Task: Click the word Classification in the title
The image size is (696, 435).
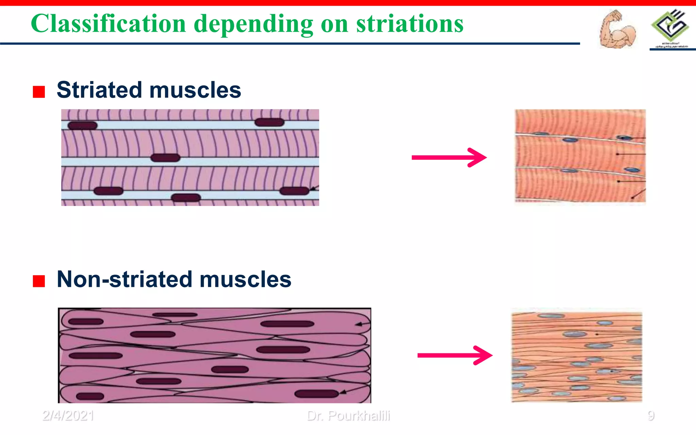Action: tap(108, 24)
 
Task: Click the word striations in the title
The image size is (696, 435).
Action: tap(410, 24)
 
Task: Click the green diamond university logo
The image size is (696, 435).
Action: tap(670, 25)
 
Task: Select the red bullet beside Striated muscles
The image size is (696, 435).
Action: tap(39, 92)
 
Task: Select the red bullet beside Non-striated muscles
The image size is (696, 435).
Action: tap(39, 281)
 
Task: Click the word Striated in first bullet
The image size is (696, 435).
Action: tap(99, 90)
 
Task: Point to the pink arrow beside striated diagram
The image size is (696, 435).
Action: tap(449, 157)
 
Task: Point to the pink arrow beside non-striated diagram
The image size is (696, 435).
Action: tap(455, 355)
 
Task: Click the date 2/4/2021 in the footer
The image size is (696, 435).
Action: tap(68, 416)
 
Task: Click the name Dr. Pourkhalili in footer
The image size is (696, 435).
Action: tap(348, 416)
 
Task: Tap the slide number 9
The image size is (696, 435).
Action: tap(650, 416)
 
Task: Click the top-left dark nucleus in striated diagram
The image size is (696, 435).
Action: tap(83, 126)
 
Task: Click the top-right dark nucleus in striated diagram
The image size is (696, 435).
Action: tap(269, 122)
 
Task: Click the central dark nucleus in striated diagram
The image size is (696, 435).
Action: tap(165, 158)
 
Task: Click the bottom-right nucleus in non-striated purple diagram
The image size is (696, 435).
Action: tap(316, 394)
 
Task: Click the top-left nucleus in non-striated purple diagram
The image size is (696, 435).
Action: tap(86, 321)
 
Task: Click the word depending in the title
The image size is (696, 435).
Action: tap(254, 24)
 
